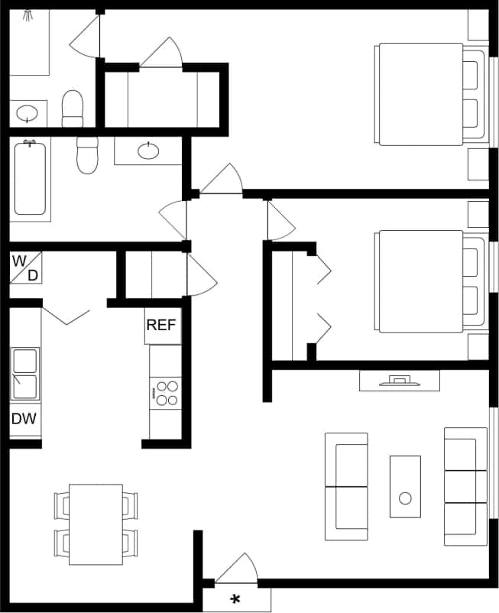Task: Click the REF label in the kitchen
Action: click(x=161, y=325)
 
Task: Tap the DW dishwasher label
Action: click(x=24, y=419)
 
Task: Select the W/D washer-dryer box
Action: click(x=24, y=267)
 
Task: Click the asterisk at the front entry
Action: click(x=235, y=600)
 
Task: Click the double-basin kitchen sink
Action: click(x=24, y=375)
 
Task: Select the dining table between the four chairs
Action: click(x=96, y=524)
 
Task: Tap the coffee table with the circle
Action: click(x=405, y=487)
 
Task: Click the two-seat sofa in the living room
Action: click(x=346, y=486)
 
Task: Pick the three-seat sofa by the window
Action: click(x=465, y=486)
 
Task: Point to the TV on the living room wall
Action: click(x=399, y=379)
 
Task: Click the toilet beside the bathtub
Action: click(x=88, y=155)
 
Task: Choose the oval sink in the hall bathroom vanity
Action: click(x=148, y=151)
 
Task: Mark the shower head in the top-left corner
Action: click(x=29, y=14)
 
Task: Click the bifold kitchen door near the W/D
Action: click(x=66, y=316)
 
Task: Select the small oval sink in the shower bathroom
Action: click(x=28, y=114)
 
